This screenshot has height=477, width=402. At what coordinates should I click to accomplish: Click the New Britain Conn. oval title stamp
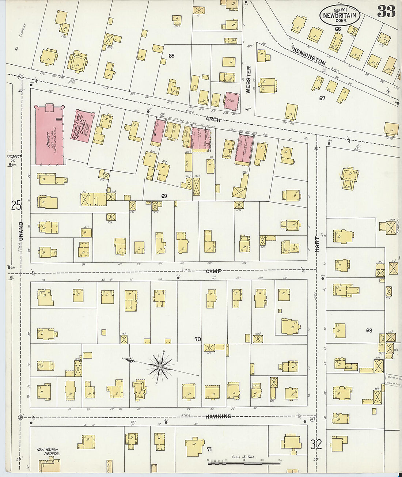tap(340, 15)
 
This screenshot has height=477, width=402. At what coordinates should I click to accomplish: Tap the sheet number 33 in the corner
tap(386, 12)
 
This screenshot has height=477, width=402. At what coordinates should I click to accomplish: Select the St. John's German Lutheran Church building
tap(82, 125)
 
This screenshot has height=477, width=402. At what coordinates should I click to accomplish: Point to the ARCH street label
tap(213, 119)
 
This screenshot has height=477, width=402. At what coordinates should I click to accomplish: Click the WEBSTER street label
tap(249, 80)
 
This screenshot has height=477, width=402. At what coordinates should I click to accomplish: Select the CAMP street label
tap(213, 271)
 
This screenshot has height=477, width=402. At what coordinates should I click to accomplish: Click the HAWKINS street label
tap(218, 416)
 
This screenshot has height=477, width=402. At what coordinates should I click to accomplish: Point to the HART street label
tap(317, 244)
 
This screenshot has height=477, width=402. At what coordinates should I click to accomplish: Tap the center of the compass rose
tap(160, 366)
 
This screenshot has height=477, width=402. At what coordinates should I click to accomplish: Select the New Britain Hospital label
tap(48, 451)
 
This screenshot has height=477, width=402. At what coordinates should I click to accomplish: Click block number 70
tap(197, 339)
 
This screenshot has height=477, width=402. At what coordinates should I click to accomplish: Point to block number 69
tap(164, 196)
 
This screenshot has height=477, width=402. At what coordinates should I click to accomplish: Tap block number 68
tap(369, 330)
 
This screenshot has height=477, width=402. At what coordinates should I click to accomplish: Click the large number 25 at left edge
tap(16, 206)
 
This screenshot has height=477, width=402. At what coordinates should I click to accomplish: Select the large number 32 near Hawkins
tap(316, 444)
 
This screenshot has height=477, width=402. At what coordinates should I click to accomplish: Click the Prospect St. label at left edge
tap(14, 158)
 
